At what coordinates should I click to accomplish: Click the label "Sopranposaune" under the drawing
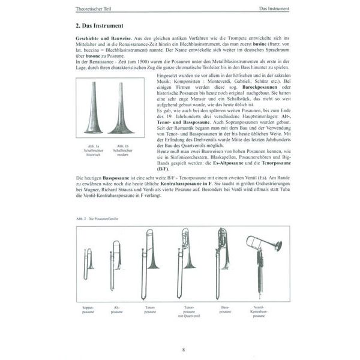coord(88,309)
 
